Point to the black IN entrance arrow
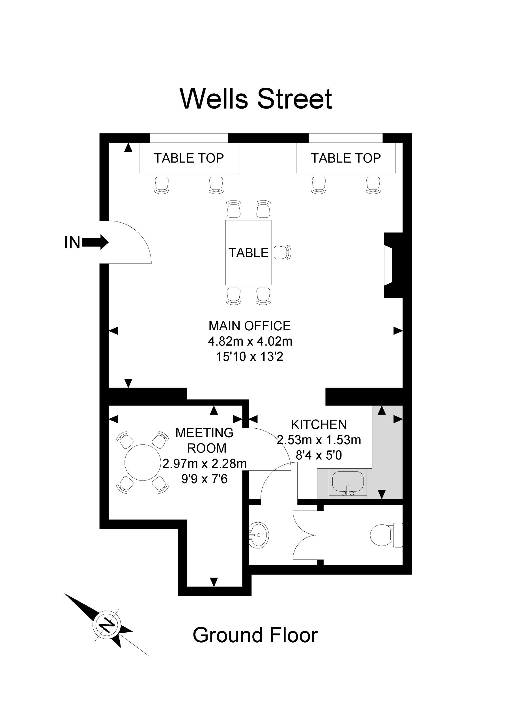95,242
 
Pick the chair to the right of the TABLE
282,253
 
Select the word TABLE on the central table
248,253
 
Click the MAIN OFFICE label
249,326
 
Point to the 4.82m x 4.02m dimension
250,341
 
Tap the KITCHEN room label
319,425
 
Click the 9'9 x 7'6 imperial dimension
205,479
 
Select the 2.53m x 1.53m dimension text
319,440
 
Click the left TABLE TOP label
189,158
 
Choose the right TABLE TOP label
346,158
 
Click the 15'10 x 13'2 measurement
249,357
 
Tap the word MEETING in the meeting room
205,433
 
